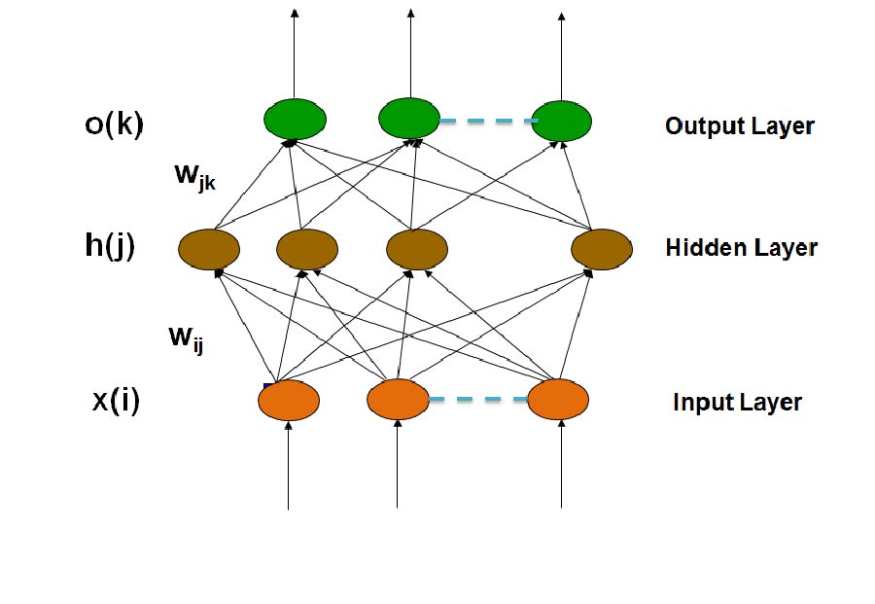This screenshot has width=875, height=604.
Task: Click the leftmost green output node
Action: click(294, 119)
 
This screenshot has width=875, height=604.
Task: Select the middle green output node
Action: click(409, 119)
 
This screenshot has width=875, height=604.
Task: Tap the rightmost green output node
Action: click(561, 120)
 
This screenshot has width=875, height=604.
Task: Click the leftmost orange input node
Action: click(289, 401)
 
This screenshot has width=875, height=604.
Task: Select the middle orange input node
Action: click(398, 400)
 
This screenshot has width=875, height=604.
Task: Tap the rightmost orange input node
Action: click(558, 400)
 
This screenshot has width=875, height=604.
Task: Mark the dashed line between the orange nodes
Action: click(477, 399)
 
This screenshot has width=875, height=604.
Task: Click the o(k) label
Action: click(113, 126)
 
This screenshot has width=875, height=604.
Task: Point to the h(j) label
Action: click(109, 246)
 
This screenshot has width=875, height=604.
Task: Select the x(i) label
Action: click(116, 401)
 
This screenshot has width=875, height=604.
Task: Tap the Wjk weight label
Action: click(193, 178)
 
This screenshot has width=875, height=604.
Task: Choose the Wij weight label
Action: click(186, 338)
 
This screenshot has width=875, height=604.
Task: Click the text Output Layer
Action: click(739, 125)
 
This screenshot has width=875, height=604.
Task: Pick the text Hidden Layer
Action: click(741, 248)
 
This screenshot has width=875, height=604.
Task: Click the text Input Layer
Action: click(737, 402)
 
